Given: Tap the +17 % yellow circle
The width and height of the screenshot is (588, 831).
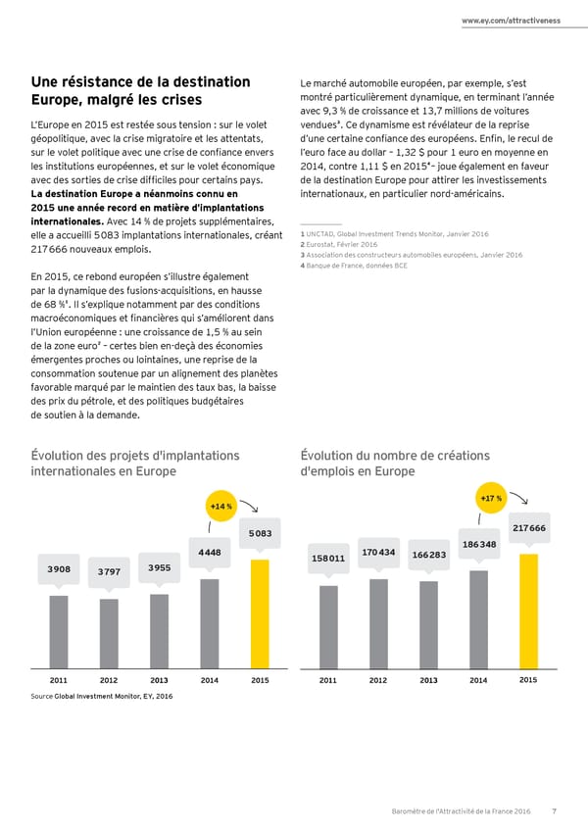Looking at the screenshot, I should (x=490, y=500).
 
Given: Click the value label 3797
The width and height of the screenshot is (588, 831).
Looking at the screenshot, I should (x=109, y=572).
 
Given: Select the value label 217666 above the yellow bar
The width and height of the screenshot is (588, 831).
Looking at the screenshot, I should (x=529, y=528).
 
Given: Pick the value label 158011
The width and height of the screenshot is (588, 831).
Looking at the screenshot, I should (x=327, y=558).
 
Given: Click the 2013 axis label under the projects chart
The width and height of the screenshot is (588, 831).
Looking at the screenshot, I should (x=159, y=679).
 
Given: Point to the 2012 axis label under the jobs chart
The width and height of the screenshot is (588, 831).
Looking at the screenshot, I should (x=378, y=679).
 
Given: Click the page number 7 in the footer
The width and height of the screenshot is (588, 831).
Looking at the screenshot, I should (x=555, y=809).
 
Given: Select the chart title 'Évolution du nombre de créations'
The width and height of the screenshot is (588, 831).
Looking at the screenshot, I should (x=396, y=455).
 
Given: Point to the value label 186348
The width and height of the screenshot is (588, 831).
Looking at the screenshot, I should (x=478, y=544).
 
